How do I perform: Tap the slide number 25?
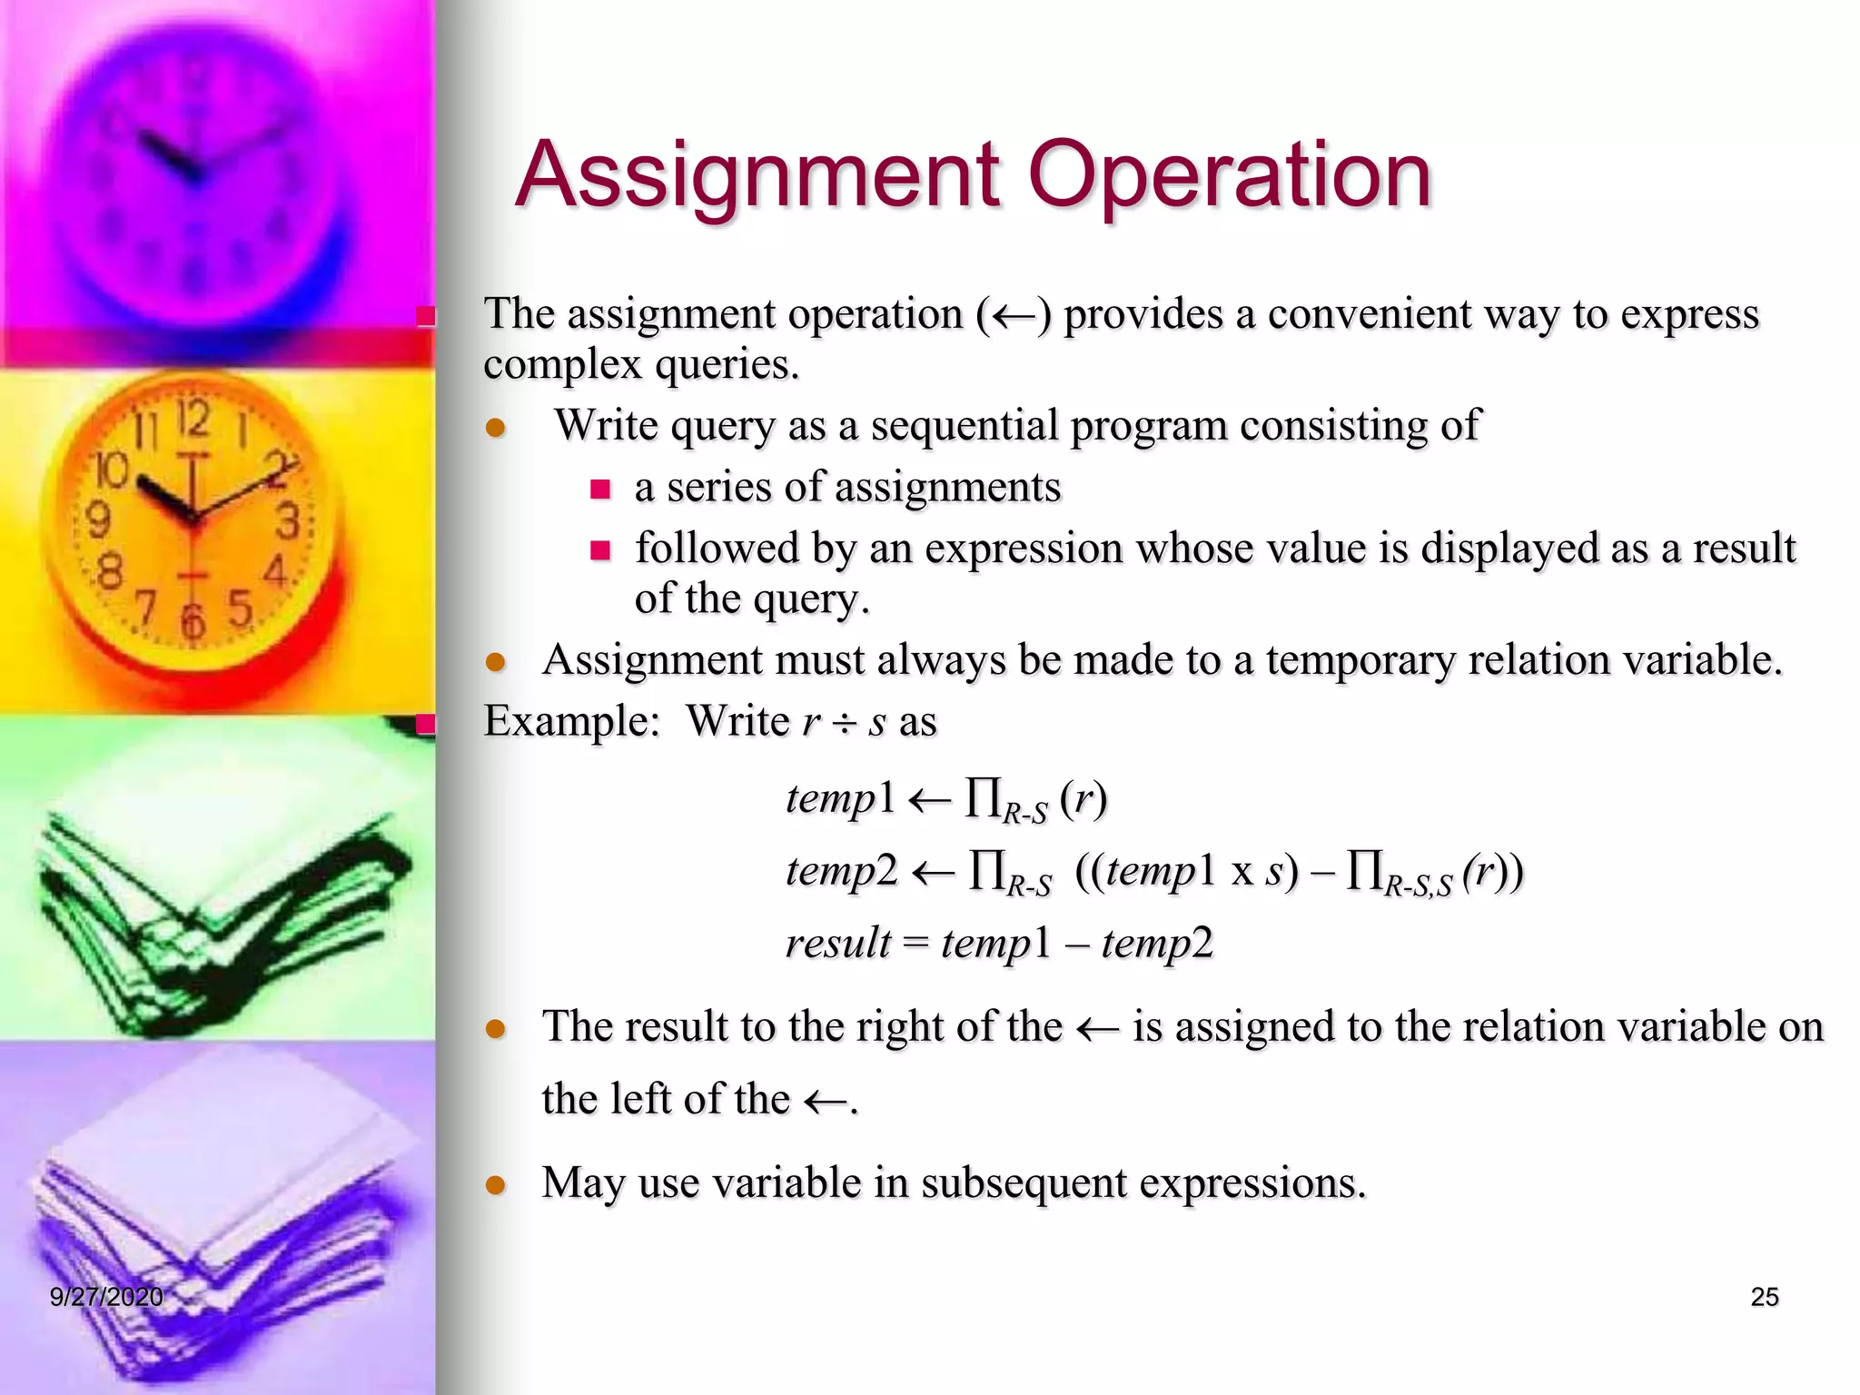tap(1764, 1297)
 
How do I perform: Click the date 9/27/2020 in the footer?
tap(106, 1297)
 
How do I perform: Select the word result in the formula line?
tap(837, 943)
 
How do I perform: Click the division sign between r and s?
tap(845, 723)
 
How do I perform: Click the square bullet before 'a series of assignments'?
tap(600, 490)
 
